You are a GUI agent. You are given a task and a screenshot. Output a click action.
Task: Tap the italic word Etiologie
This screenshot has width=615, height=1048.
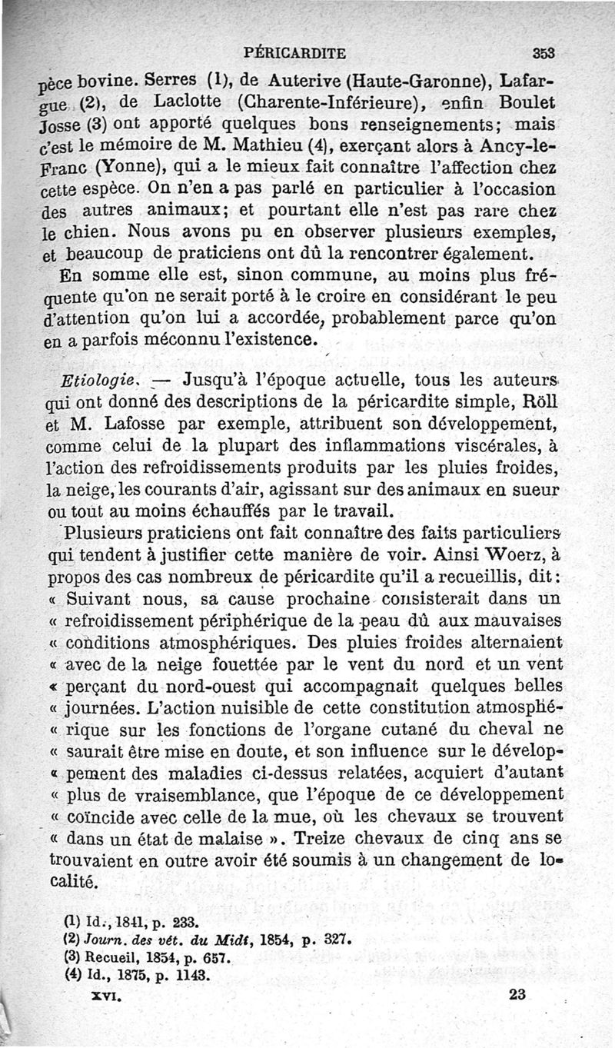coord(97,380)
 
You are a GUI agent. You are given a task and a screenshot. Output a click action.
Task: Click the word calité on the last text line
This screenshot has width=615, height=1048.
coord(73,881)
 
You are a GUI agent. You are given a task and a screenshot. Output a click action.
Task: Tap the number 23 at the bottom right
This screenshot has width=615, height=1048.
coord(517,993)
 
